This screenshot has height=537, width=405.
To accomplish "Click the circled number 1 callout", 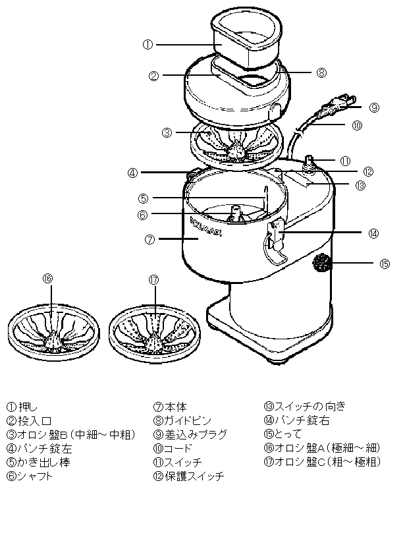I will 148,45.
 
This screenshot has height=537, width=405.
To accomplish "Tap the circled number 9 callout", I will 373,107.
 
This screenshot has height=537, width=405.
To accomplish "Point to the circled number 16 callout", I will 47,279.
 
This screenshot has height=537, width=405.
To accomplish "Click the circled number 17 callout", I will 154,279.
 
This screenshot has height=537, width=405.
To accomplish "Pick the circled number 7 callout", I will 149,240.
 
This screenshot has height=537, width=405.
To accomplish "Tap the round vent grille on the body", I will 321,264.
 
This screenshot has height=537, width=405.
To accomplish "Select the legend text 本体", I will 175,407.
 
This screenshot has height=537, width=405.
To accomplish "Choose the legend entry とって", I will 287,434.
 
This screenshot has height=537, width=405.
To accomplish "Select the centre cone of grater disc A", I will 53,340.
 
